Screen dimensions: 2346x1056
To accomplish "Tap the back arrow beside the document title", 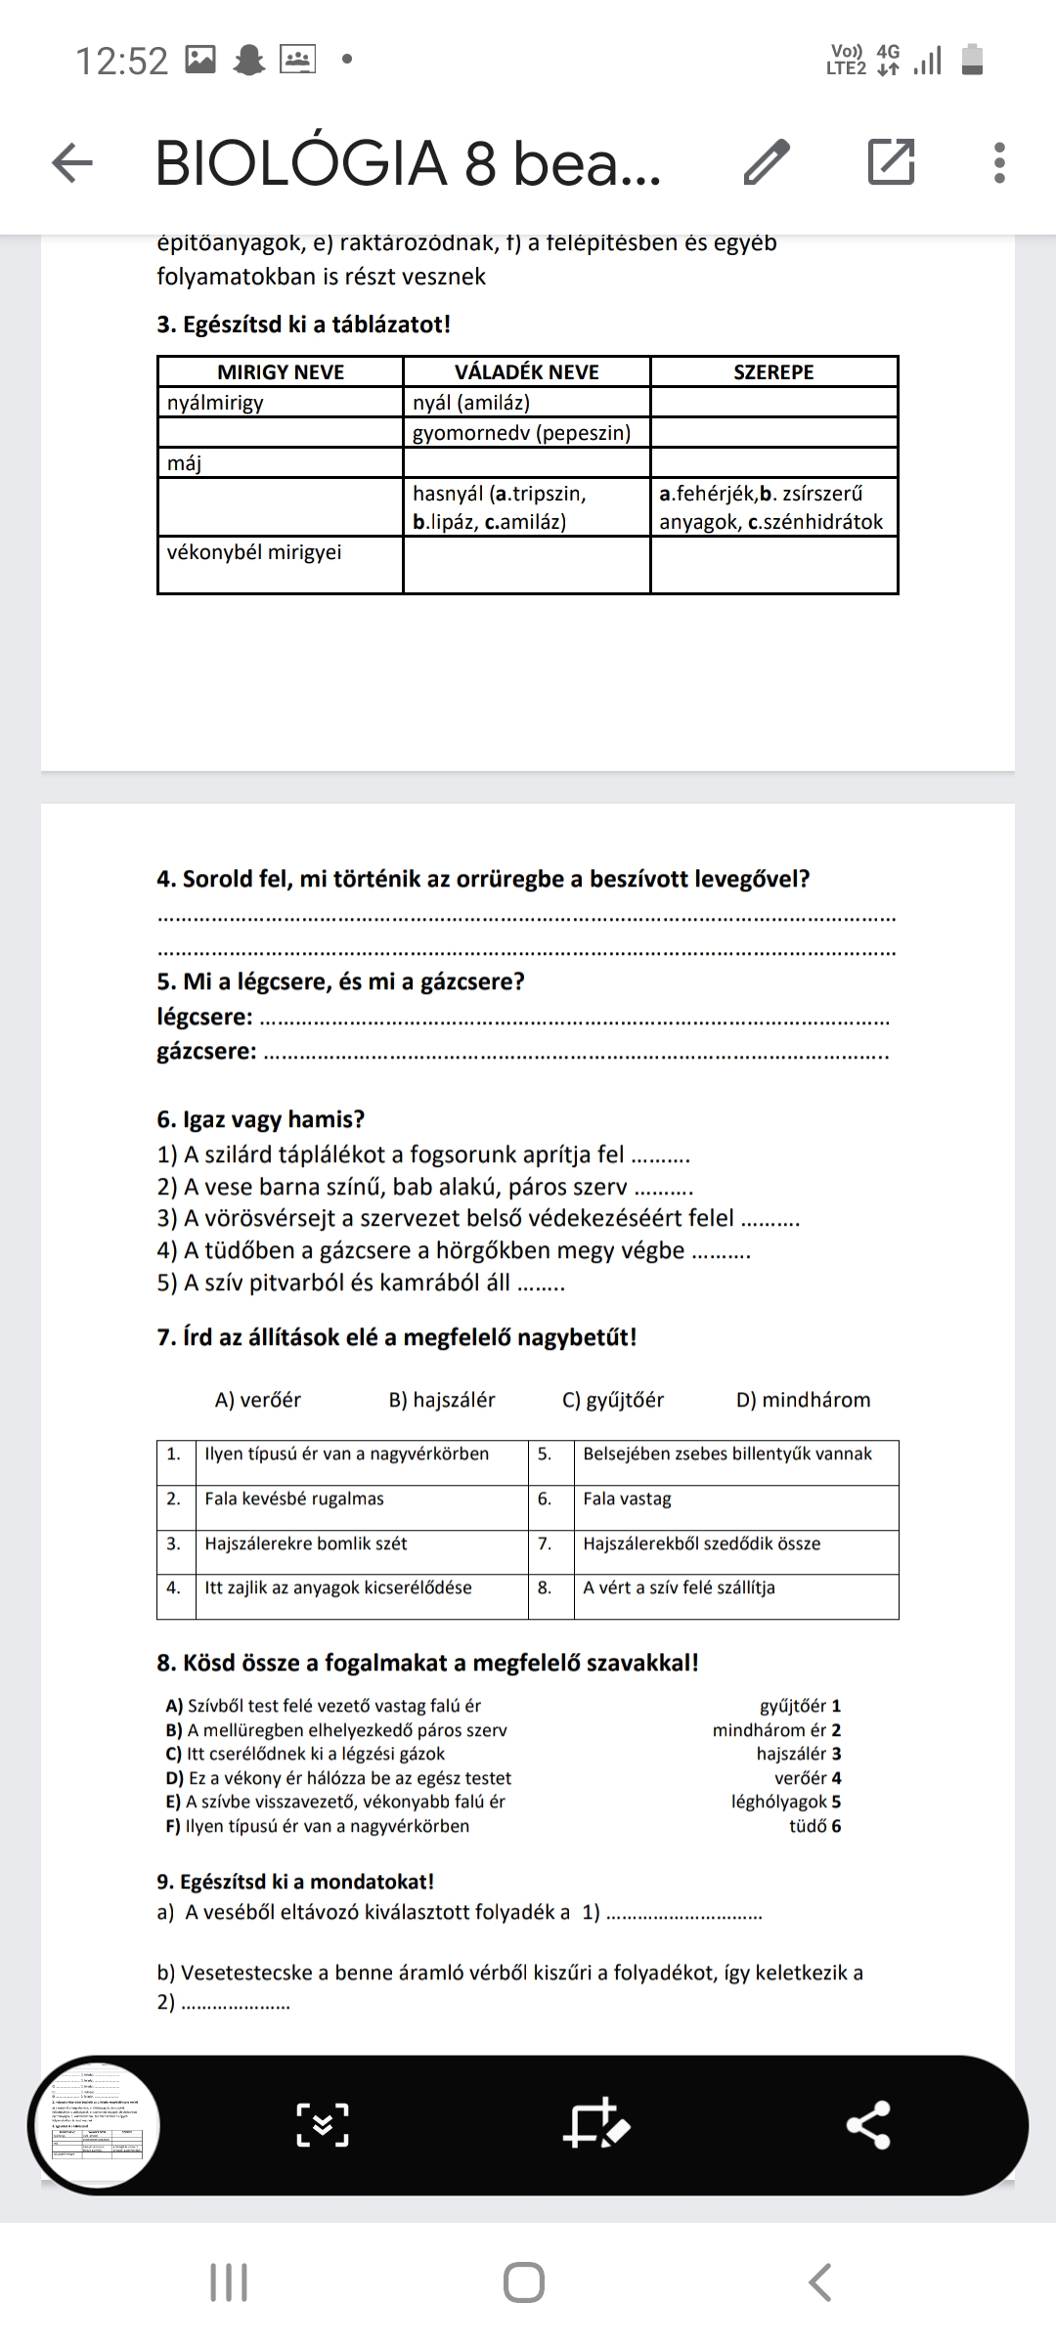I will [x=72, y=162].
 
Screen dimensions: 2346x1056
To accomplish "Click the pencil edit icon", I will [x=767, y=162].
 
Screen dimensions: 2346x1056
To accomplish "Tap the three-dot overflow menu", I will [x=998, y=162].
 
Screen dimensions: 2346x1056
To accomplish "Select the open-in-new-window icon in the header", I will [x=891, y=162].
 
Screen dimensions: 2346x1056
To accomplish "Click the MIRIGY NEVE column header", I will [x=281, y=372].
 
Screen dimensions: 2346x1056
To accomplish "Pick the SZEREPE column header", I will [x=773, y=372].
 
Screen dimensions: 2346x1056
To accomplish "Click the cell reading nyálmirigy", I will [x=216, y=403].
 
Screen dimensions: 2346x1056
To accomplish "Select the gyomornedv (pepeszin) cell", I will [x=522, y=433].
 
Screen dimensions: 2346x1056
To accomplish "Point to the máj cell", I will [x=185, y=463].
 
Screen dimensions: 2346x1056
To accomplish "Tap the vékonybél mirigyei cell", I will [x=255, y=552].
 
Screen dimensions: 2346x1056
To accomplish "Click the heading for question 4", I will [x=483, y=879].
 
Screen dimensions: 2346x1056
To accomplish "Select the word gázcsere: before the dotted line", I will [x=207, y=1052].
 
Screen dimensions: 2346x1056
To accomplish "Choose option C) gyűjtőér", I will [x=613, y=1400].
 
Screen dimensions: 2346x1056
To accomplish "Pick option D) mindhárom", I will [x=803, y=1400].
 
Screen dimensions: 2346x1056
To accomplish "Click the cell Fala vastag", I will [x=628, y=1499].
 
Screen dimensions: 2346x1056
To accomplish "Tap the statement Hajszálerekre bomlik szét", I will [x=306, y=1543].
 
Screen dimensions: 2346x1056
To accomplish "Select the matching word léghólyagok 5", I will [x=786, y=1802].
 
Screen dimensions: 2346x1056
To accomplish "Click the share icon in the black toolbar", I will [x=868, y=2125].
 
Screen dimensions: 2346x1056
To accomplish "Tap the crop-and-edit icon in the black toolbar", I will [x=595, y=2124].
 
